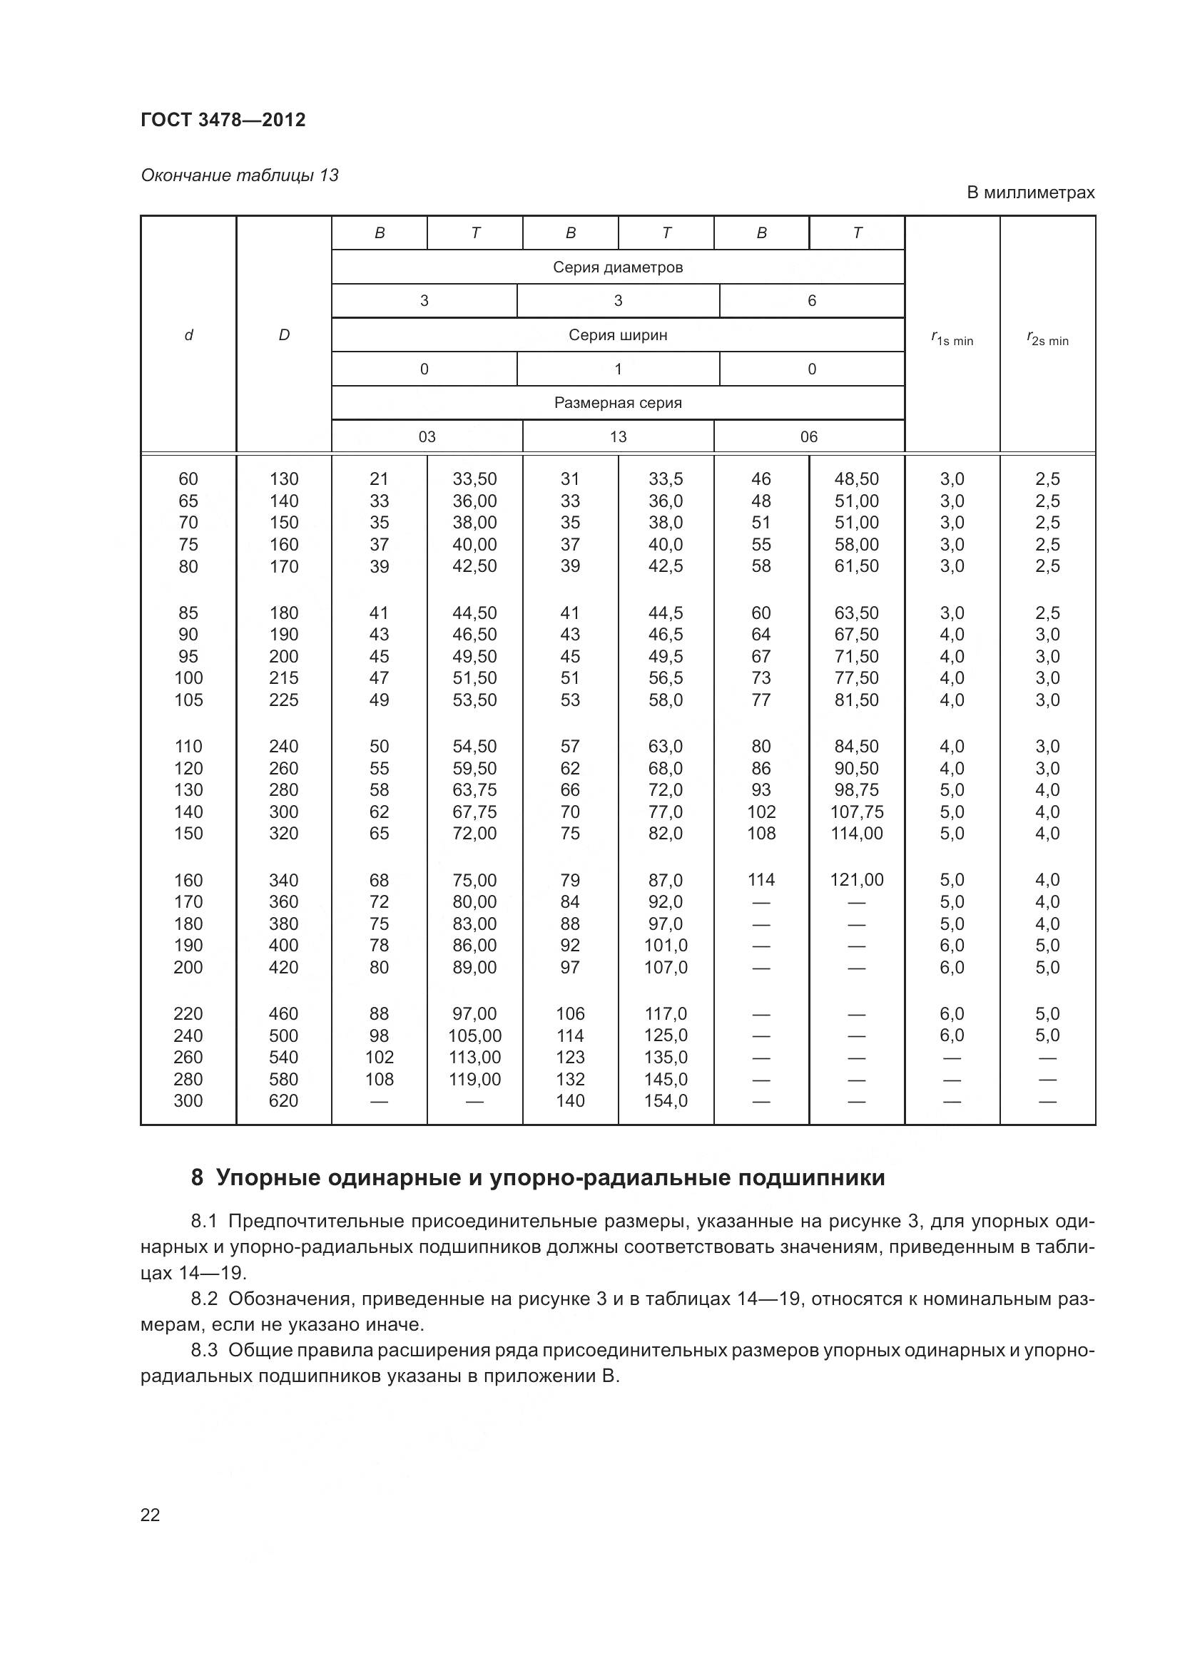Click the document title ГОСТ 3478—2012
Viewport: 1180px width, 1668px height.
[x=223, y=120]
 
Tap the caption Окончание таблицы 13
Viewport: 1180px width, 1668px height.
[x=239, y=175]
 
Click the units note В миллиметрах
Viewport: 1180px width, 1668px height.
[x=1029, y=193]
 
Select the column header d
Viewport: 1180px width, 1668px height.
[x=189, y=335]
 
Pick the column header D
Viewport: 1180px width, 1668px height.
[x=284, y=335]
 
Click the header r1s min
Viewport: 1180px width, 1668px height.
[x=952, y=339]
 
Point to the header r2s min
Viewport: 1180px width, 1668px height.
[x=1047, y=339]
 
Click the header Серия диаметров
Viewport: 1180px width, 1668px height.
[x=618, y=267]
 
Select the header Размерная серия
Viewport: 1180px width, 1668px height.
[x=618, y=402]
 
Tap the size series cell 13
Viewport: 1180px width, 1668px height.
[x=618, y=436]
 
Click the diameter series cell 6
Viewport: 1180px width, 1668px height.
[x=812, y=301]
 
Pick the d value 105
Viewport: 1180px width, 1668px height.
[x=188, y=700]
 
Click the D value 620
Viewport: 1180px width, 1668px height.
[x=283, y=1100]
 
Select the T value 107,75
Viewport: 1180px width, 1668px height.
[x=857, y=812]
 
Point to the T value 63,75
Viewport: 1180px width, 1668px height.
[x=474, y=789]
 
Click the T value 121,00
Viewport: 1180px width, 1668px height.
[x=857, y=880]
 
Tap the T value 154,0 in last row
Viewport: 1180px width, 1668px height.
[x=666, y=1100]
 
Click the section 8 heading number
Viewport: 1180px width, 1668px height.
[x=197, y=1177]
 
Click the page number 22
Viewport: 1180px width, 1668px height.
[x=150, y=1515]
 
